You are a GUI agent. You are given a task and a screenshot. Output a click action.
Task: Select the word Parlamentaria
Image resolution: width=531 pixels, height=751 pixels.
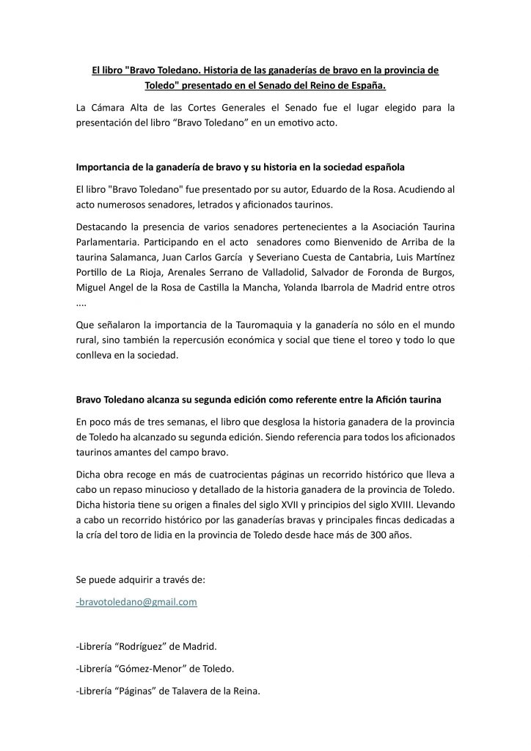(x=111, y=242)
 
